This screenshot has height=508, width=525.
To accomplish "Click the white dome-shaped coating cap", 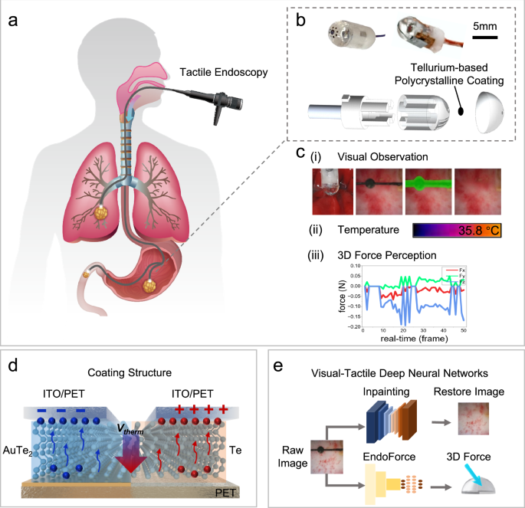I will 491,110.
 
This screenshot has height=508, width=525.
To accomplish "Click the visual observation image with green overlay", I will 427,192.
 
